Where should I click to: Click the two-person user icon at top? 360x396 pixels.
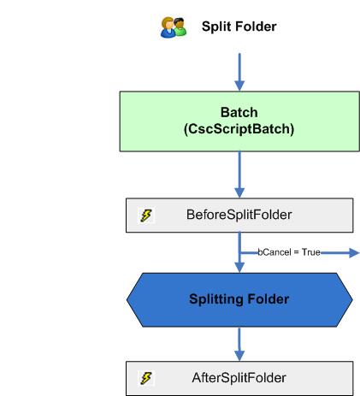pyautogui.click(x=174, y=27)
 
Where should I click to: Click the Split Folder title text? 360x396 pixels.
pyautogui.click(x=239, y=27)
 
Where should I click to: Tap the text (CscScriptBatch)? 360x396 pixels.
pyautogui.click(x=239, y=130)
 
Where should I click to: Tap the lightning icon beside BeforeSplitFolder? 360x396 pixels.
pyautogui.click(x=146, y=216)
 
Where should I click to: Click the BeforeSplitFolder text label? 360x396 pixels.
pyautogui.click(x=239, y=216)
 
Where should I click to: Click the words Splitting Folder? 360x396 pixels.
pyautogui.click(x=239, y=298)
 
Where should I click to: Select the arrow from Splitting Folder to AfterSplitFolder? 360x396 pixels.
pyautogui.click(x=239, y=341)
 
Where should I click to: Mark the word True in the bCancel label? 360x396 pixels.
pyautogui.click(x=308, y=252)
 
